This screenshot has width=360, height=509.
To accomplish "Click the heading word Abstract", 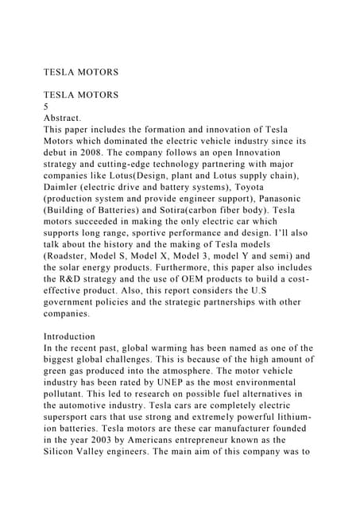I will click(65, 116).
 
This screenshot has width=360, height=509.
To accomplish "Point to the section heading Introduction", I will click(70, 336).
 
